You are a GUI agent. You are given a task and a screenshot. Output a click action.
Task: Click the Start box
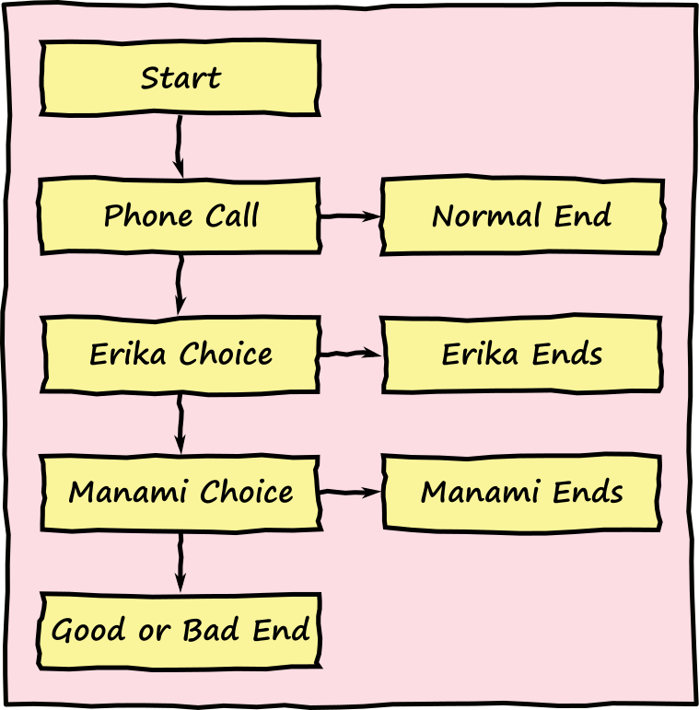click(x=180, y=78)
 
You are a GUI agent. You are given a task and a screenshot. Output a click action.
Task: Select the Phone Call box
click(x=180, y=216)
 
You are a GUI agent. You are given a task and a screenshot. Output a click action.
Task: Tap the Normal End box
click(x=522, y=216)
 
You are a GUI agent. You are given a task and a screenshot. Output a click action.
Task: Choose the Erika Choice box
click(x=180, y=355)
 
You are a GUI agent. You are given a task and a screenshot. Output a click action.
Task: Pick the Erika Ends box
click(x=522, y=355)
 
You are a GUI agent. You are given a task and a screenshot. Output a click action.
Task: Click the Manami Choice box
click(x=180, y=493)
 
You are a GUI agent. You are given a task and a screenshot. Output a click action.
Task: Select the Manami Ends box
click(x=522, y=493)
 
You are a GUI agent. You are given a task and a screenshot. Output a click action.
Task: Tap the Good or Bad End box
click(x=180, y=631)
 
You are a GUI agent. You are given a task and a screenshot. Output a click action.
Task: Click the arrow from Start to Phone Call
click(x=179, y=145)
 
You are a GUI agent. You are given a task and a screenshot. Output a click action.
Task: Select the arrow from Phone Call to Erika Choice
click(x=180, y=285)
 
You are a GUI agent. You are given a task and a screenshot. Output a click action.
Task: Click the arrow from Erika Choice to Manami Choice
click(x=180, y=423)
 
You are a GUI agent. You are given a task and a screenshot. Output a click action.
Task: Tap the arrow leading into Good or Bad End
click(x=180, y=561)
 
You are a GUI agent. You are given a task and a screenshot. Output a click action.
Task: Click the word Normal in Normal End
click(x=486, y=216)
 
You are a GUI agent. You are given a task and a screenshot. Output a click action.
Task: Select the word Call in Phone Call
click(x=231, y=216)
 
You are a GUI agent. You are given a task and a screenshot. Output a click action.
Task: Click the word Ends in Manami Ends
click(x=587, y=493)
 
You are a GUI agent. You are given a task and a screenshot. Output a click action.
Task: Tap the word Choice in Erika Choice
click(x=226, y=355)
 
